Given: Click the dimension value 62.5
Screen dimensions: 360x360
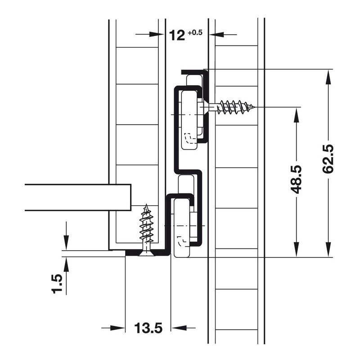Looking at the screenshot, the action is (328, 159).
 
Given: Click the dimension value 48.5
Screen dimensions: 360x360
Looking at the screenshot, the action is (296, 180).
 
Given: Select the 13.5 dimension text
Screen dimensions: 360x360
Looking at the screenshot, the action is (148, 328).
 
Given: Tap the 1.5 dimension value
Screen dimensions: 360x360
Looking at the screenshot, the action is (57, 283).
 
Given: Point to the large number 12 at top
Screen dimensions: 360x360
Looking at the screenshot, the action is (177, 36).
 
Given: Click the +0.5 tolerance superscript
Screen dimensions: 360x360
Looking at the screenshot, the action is (195, 32).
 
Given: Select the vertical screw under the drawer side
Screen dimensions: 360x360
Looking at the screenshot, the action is (146, 229).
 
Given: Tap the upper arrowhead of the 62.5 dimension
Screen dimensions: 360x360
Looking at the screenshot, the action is (328, 77).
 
